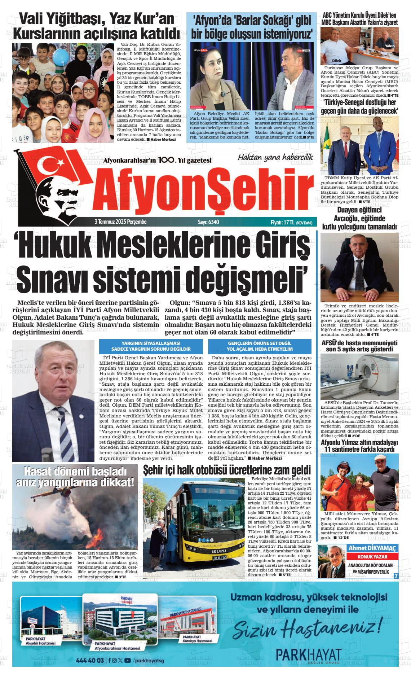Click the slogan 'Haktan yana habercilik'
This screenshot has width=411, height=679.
(x=275, y=157)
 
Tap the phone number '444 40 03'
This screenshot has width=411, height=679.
(x=90, y=660)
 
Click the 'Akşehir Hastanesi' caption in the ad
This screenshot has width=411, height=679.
(x=41, y=644)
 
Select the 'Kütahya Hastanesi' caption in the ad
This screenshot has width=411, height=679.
(x=197, y=641)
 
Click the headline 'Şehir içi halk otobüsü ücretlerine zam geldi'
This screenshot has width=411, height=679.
(x=227, y=470)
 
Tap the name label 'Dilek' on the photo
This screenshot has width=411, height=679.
(x=336, y=61)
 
